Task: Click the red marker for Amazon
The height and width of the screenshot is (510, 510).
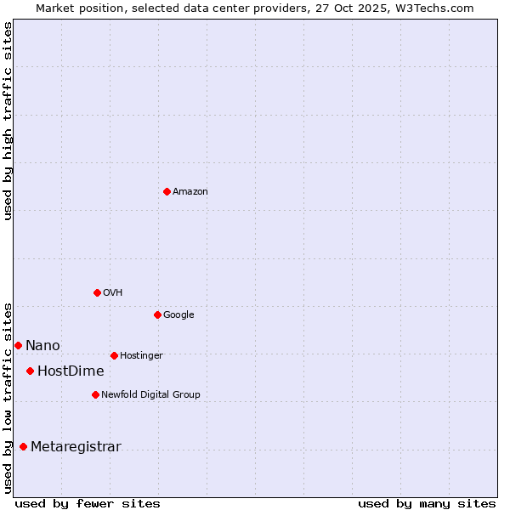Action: point(167,191)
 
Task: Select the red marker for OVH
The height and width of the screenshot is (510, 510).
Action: point(97,292)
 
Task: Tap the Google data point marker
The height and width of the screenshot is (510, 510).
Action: point(157,314)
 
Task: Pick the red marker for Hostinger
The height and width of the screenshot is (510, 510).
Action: point(114,355)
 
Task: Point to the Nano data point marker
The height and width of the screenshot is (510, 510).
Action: point(18,345)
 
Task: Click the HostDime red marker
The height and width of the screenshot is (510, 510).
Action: point(30,371)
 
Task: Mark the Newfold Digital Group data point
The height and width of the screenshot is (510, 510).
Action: point(95,394)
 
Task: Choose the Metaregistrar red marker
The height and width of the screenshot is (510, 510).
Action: point(23,446)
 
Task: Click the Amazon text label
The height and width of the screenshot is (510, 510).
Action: point(190,192)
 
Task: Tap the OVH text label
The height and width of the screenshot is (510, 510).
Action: point(113,293)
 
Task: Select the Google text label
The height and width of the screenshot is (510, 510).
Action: point(178,315)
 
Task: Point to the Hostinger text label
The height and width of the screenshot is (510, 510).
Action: point(141,356)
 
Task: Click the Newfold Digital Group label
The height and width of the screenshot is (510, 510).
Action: point(150,395)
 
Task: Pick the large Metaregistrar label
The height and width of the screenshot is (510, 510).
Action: point(76,447)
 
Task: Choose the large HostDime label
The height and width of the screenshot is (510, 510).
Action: point(71,371)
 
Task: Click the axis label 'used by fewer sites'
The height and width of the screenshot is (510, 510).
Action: point(88,504)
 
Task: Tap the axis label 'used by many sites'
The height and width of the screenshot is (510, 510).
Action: point(427,504)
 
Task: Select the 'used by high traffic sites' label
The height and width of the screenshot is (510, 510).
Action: point(8,122)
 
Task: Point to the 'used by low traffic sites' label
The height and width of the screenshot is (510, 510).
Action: point(8,397)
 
